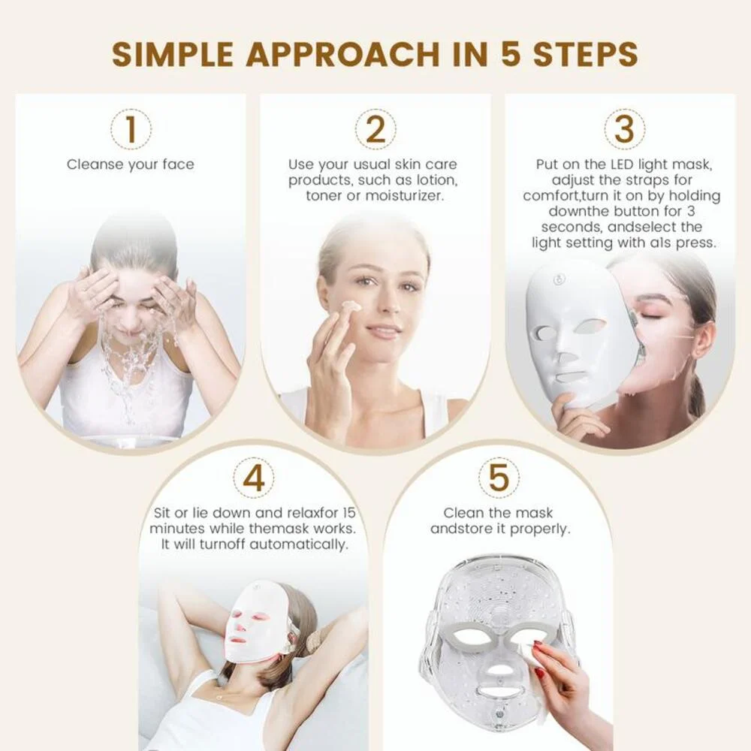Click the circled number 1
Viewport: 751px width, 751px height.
(x=131, y=129)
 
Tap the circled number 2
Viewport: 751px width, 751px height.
(x=375, y=129)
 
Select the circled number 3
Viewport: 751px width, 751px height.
(x=624, y=129)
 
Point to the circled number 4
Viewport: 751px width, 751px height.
(x=254, y=478)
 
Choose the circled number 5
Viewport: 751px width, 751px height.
(x=499, y=478)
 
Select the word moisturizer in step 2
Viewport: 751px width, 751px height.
(x=405, y=196)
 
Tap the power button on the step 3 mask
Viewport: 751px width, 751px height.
(x=557, y=279)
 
